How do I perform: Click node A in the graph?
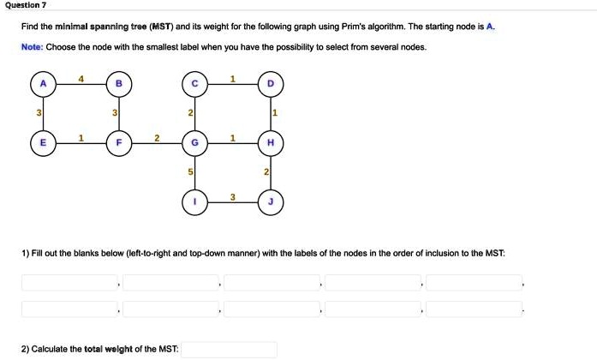coord(43,84)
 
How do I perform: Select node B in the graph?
coord(119,84)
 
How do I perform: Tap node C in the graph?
coord(194,84)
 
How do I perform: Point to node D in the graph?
coord(271,84)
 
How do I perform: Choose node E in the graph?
coord(43,143)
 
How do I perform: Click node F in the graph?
coord(119,143)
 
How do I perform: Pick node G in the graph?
coord(194,143)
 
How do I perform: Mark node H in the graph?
coord(271,143)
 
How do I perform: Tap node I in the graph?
coord(194,202)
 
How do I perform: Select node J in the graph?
coord(271,202)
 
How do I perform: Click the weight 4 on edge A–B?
coord(81,79)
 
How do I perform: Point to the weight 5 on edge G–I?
coord(190,172)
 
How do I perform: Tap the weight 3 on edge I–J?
coord(233,197)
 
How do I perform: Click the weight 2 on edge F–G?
coord(157,138)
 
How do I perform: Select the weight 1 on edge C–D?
coord(233,79)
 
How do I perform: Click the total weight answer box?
coord(230,350)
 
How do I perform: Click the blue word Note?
coord(32,47)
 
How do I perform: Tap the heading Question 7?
coord(26,5)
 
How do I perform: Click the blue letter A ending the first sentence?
coord(490,27)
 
